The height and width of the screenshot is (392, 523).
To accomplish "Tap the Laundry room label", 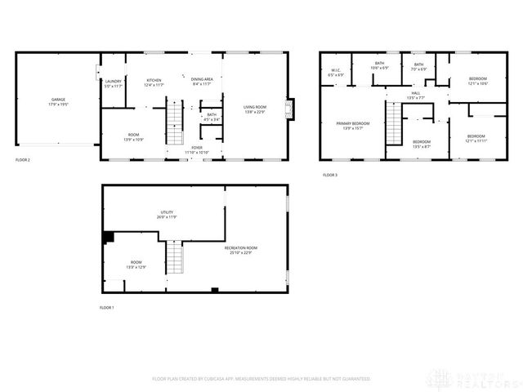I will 114,82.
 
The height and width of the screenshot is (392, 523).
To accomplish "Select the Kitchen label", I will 154,82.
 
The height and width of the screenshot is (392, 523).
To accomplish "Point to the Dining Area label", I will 202,81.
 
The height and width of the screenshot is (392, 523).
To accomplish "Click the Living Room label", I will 256,107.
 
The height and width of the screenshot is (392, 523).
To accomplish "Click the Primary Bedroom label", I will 353,125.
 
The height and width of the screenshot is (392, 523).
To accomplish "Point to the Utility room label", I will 167,214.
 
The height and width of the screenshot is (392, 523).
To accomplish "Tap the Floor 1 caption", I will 107,307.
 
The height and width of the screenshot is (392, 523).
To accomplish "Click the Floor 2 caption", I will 23,160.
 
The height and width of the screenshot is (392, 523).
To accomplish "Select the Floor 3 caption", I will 329,175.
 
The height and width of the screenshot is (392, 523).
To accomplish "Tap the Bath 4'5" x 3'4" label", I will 212,117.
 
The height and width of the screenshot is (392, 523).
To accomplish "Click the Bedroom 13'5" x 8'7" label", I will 422,144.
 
